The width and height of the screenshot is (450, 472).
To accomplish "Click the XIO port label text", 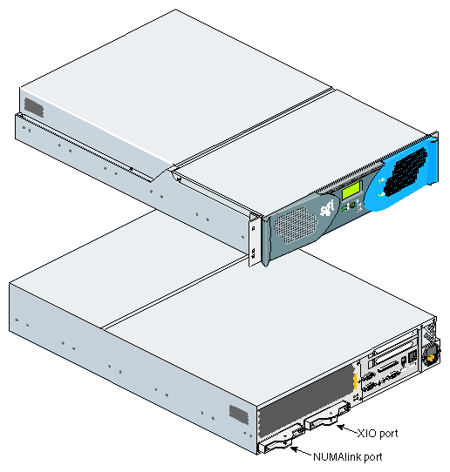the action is [x=378, y=434].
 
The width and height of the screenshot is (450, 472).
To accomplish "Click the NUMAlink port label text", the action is [x=347, y=456].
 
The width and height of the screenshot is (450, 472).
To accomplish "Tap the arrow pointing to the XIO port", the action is [x=347, y=429].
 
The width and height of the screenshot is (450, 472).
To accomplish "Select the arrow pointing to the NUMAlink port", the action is [x=302, y=451].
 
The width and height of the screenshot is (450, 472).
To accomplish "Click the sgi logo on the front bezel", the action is [x=327, y=207].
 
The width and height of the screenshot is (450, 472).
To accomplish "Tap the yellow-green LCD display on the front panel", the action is [x=351, y=190].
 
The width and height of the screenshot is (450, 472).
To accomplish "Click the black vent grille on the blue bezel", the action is [x=406, y=172].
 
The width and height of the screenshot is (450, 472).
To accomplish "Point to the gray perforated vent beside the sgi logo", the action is [x=296, y=225].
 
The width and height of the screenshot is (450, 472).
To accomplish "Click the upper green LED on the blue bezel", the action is [x=381, y=180].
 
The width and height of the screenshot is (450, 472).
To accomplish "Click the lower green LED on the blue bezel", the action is [x=381, y=195].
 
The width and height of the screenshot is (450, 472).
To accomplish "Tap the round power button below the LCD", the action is [x=352, y=206].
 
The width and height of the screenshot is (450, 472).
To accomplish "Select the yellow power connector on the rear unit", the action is [x=432, y=358].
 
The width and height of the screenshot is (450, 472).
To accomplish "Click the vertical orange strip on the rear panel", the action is [x=355, y=381].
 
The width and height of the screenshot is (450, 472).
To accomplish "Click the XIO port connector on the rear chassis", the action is [x=327, y=417].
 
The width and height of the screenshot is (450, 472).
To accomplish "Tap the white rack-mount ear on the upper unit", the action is [x=254, y=240].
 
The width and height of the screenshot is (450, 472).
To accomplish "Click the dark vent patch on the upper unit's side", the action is [x=34, y=107].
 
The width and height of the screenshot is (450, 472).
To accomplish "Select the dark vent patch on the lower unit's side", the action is [x=239, y=415].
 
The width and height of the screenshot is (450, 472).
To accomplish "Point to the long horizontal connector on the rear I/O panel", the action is [x=389, y=367].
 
